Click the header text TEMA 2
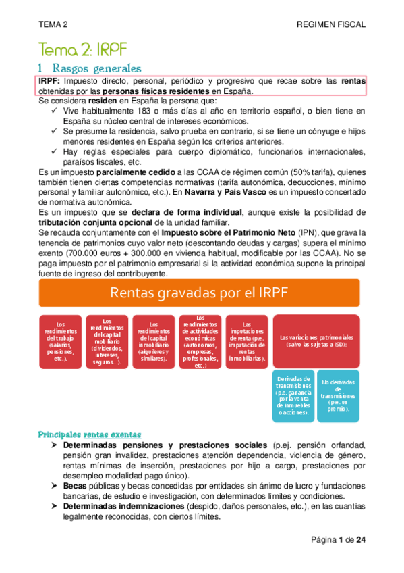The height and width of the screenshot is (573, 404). (54, 24)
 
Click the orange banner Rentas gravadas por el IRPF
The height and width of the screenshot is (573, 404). (202, 292)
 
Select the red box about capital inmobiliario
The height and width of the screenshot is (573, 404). (152, 342)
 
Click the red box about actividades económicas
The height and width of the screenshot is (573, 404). (200, 342)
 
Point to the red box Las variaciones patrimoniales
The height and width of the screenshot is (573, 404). (318, 342)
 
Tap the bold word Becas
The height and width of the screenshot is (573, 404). (76, 485)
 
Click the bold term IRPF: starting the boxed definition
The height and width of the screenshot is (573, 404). (51, 81)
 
